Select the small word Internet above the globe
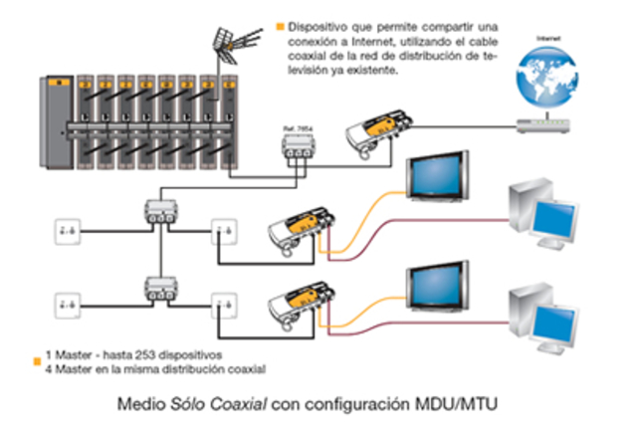(x=542, y=37)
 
